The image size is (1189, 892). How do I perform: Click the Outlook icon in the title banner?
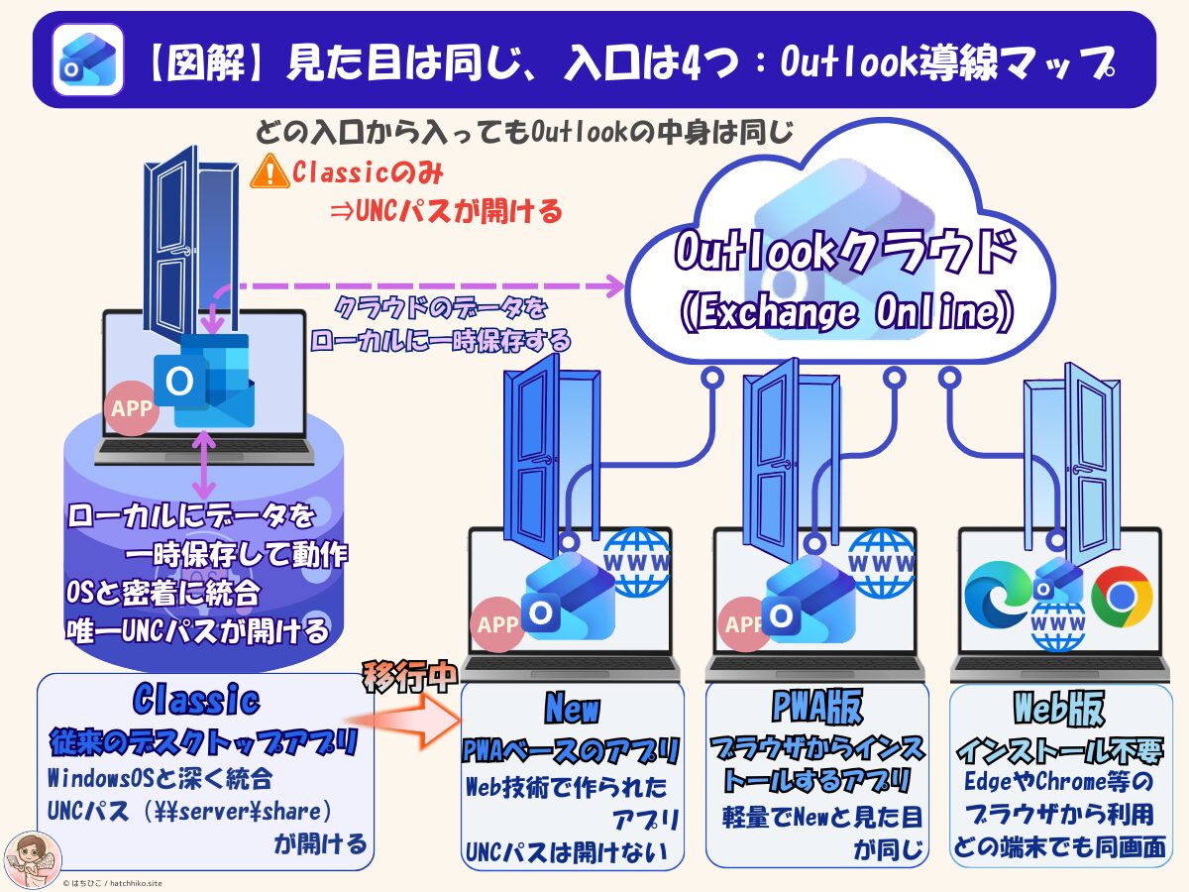(x=87, y=59)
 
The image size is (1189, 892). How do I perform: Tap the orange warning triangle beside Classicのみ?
(x=270, y=172)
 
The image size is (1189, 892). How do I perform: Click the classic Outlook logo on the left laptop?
(x=203, y=380)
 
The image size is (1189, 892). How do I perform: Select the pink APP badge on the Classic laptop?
(x=132, y=408)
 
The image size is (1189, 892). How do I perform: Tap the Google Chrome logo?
(x=1122, y=596)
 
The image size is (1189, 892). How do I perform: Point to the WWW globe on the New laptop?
(x=638, y=563)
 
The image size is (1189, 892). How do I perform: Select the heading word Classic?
(x=196, y=701)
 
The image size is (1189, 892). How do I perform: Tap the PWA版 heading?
(x=816, y=708)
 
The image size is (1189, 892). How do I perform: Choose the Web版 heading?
(x=1059, y=708)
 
